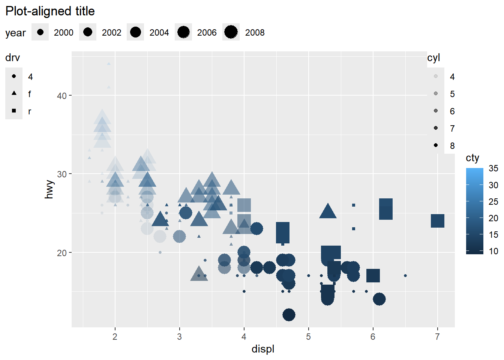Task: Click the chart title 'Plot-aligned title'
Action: point(50,11)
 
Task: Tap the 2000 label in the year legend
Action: point(63,33)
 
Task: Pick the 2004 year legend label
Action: point(159,33)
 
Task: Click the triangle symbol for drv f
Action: point(14,93)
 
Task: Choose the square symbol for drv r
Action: point(14,111)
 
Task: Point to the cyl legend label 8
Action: point(452,145)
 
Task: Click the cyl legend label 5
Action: point(452,94)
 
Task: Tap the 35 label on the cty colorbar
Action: point(493,168)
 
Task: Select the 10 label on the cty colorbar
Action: point(493,251)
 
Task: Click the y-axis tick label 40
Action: point(62,96)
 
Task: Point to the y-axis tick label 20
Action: point(62,253)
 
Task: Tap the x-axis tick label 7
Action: point(437,337)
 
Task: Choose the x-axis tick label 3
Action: point(179,337)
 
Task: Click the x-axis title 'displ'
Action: point(263,349)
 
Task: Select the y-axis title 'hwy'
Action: point(49,189)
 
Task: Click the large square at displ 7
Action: point(437,221)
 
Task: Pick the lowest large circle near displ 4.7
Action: point(289,315)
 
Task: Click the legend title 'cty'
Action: point(472,158)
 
